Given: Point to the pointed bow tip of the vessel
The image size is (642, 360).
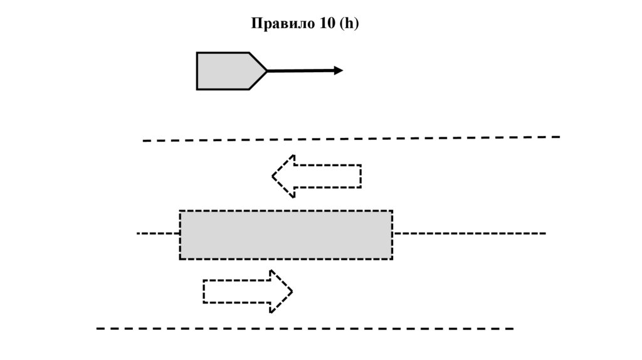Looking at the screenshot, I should point(266,71).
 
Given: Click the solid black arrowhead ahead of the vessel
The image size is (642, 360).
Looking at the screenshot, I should point(339,70).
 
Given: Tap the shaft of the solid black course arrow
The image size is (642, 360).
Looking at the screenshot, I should point(301,71).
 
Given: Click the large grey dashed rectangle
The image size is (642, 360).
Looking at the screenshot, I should point(286,235).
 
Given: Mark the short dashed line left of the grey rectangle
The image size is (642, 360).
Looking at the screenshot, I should point(158,233).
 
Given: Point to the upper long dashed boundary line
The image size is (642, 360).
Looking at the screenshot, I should point(351,139).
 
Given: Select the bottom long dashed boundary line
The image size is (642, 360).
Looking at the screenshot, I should point(305,328).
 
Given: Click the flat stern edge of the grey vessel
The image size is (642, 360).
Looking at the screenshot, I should point(197,71).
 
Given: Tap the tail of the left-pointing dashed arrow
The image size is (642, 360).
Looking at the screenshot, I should point(359,176).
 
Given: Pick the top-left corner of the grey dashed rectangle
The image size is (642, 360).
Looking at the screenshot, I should point(181,211).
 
